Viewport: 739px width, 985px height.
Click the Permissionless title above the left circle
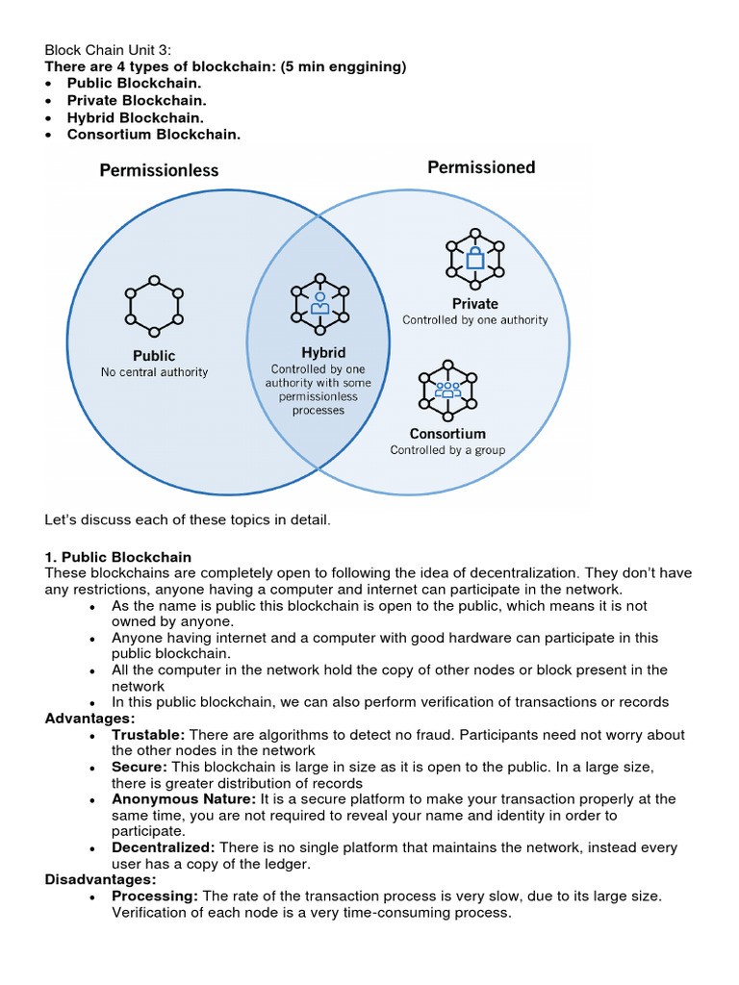(x=159, y=170)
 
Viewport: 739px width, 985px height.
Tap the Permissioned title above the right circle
(x=481, y=167)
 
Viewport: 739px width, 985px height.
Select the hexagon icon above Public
(x=154, y=305)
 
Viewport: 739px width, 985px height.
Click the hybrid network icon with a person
(x=320, y=302)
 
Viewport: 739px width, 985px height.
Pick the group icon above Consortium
(x=447, y=390)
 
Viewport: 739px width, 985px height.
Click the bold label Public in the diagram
(x=154, y=356)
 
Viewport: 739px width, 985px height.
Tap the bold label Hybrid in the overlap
(x=323, y=353)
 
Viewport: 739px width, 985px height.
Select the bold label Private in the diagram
(x=475, y=303)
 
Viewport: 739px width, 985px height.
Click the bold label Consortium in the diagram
(x=447, y=434)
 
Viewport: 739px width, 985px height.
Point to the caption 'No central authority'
(x=154, y=372)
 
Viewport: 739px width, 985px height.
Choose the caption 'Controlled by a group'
(x=447, y=450)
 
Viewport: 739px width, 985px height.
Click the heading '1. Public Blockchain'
(x=118, y=557)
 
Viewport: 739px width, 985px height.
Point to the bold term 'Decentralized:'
(x=164, y=847)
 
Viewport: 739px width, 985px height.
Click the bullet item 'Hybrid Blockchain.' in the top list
(x=135, y=117)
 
